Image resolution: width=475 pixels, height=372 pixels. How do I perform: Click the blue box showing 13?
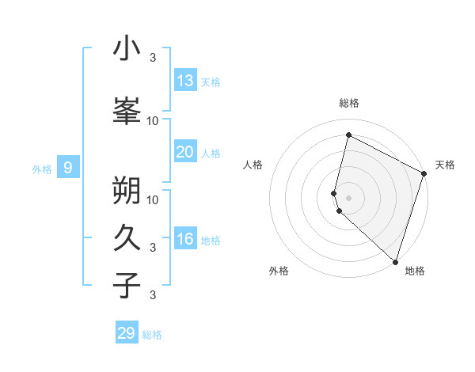pyautogui.click(x=185, y=81)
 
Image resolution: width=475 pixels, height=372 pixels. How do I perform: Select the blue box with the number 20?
pyautogui.click(x=185, y=152)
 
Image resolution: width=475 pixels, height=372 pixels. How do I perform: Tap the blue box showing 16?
pyautogui.click(x=185, y=239)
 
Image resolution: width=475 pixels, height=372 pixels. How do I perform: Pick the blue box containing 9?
pyautogui.click(x=68, y=167)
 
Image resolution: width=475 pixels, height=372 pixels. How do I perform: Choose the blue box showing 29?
pyautogui.click(x=127, y=333)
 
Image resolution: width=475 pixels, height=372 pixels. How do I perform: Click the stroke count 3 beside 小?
pyautogui.click(x=152, y=57)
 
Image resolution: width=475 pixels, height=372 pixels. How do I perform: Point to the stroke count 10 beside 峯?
pyautogui.click(x=153, y=120)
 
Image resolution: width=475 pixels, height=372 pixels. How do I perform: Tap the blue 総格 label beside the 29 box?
pyautogui.click(x=153, y=335)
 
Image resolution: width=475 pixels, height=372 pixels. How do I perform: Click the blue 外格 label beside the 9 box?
pyautogui.click(x=42, y=169)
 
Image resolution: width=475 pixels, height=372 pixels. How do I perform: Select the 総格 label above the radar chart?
pyautogui.click(x=349, y=104)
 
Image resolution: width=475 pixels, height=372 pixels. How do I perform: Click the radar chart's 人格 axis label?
pyautogui.click(x=253, y=165)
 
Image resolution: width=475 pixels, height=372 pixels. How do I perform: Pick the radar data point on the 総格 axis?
pyautogui.click(x=348, y=135)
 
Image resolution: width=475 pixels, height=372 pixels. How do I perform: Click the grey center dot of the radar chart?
pyautogui.click(x=349, y=197)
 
